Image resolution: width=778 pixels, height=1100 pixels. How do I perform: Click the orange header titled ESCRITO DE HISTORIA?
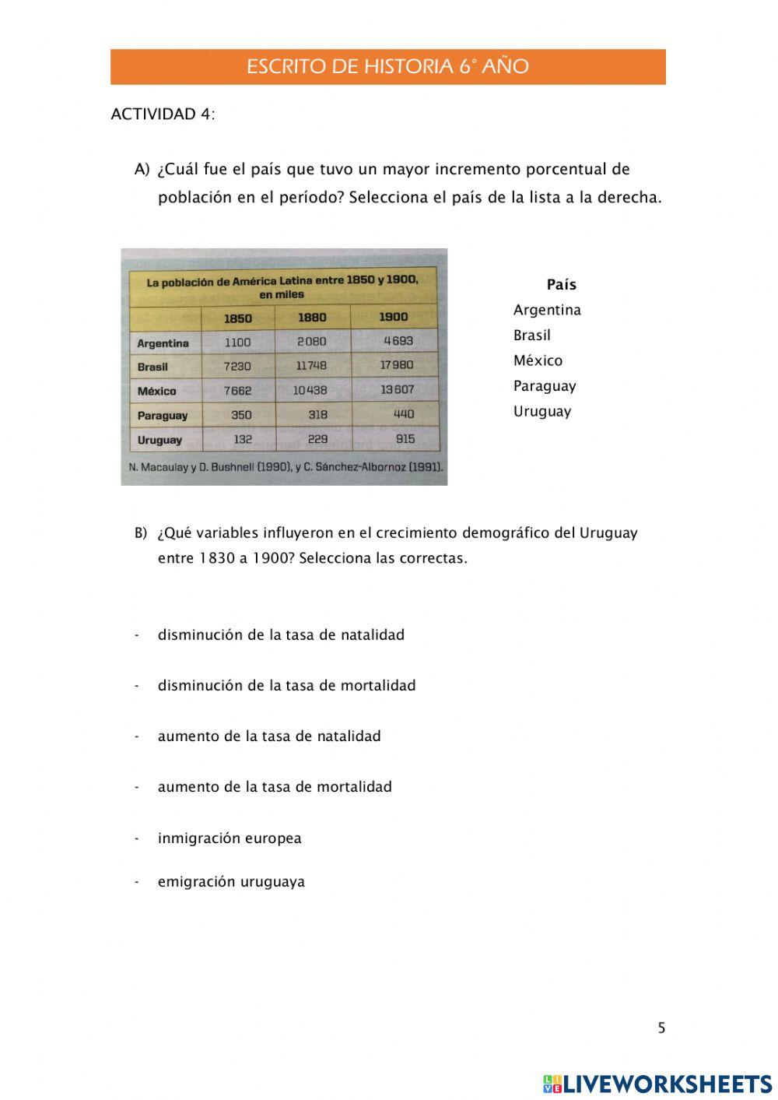pos(387,67)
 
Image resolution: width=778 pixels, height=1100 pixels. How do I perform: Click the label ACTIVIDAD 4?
pos(163,114)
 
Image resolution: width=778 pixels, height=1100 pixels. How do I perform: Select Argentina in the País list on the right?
pos(547,310)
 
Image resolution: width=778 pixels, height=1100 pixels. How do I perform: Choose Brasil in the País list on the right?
pos(531,336)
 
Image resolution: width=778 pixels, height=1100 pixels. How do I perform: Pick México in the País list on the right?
pos(538,360)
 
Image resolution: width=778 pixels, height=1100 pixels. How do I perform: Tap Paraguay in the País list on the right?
pos(545,386)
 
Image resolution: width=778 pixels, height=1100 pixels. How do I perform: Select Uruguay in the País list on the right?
pos(541,411)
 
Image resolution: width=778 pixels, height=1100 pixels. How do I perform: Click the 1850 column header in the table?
pos(238,318)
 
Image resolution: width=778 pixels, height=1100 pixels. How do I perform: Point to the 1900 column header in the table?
pos(393,317)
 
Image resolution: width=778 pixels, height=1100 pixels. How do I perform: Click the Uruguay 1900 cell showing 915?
pos(405,439)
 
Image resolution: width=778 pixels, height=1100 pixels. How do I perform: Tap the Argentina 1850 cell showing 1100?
pos(238,343)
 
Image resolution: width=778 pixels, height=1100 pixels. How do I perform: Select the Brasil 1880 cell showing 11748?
pos(311,365)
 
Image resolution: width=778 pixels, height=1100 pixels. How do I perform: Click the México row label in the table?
pos(157,391)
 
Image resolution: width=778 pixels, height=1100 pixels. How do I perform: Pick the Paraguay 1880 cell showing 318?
pos(317,415)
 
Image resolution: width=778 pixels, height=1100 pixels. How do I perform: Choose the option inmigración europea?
pos(230,838)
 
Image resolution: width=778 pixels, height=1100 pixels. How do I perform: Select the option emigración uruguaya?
pos(231,882)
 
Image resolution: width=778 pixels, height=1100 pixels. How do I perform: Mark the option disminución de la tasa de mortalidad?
pos(286,686)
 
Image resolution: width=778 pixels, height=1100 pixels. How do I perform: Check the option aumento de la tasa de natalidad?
pos(269,736)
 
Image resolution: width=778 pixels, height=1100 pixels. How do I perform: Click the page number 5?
pos(661,1028)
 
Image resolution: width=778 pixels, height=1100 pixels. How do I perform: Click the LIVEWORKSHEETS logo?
pos(657,1084)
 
